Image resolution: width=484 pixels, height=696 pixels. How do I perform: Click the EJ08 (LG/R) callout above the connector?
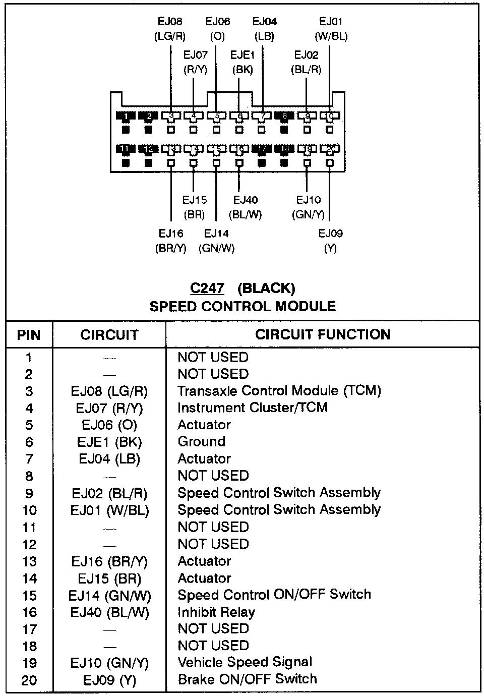coord(170,29)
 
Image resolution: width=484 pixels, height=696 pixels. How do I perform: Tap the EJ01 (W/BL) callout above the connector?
coord(331,29)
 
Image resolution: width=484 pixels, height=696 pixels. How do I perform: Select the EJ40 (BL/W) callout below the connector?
coord(246,207)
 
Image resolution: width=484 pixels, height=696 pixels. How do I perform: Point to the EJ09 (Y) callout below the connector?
coord(330,241)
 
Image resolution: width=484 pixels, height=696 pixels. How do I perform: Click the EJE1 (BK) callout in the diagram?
coord(243,62)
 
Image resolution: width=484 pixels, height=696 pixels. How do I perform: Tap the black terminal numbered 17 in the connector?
coord(262,149)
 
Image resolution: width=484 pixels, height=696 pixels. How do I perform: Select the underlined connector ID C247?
coord(207,288)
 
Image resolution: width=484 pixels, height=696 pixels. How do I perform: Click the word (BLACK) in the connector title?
coord(266,288)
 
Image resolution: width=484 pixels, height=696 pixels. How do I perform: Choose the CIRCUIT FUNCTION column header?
coord(323,334)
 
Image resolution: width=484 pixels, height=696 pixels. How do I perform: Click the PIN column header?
coord(29,335)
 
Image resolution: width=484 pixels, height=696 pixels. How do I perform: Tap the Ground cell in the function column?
coord(202,442)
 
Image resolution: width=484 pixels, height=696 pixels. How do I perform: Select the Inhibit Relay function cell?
coord(216,612)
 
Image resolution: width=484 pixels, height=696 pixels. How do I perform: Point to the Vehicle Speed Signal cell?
coord(245,662)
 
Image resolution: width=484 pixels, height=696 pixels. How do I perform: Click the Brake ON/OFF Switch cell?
coord(248,679)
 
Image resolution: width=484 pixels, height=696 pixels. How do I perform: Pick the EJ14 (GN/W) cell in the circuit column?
coord(109,596)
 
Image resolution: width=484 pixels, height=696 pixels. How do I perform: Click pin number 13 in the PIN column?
coord(29,561)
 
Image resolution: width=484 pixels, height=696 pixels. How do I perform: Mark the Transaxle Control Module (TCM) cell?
coord(279,391)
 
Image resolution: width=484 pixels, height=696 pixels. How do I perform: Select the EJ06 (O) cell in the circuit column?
coord(109,425)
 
